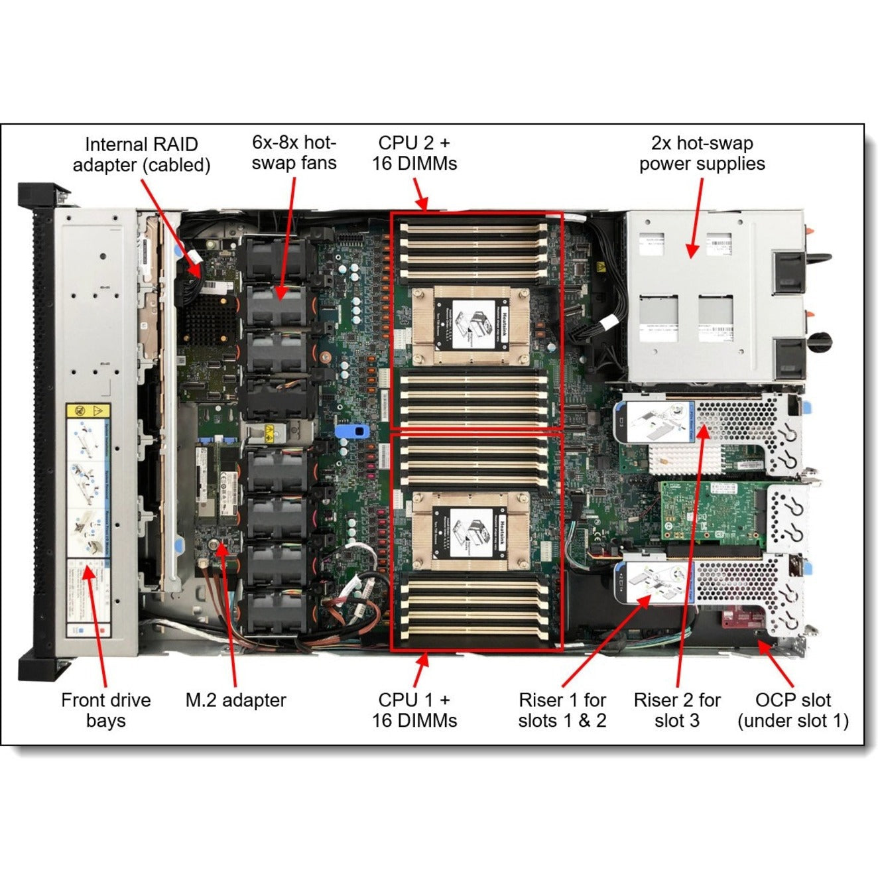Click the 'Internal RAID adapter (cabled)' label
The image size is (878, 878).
point(141,155)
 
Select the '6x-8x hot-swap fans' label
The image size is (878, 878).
point(294,153)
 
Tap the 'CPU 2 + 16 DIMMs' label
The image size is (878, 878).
point(414,153)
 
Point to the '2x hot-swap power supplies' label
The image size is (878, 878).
point(702,153)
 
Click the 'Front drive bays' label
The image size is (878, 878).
point(105,710)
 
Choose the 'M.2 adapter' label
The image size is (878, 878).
point(235,700)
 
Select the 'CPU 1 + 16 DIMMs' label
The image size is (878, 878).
point(414,710)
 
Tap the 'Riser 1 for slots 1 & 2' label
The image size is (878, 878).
point(562,710)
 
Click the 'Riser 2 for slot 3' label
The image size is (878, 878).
point(676,710)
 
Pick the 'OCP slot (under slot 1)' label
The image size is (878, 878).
point(793,710)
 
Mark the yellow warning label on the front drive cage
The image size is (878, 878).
point(89,412)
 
